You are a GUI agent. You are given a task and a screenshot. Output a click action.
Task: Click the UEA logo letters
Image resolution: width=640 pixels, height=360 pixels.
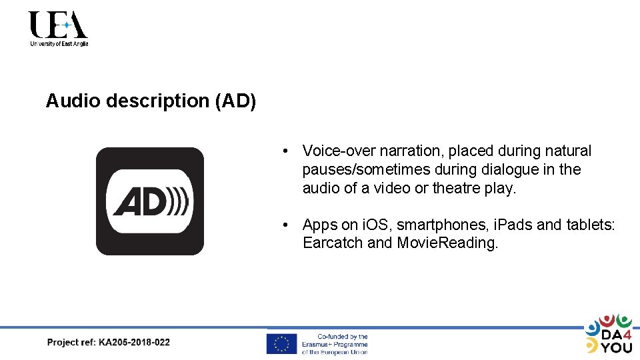pos(58,25)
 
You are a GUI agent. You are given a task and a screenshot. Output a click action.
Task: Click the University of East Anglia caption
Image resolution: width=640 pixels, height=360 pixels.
pos(59,44)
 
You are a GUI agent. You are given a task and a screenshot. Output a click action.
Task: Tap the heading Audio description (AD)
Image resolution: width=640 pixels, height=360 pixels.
pos(151,101)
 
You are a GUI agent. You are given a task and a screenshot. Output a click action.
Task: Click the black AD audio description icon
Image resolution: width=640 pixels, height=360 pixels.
pos(150,201)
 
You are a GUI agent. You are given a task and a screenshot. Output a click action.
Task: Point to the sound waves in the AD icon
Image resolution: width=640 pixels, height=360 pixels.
pos(178,201)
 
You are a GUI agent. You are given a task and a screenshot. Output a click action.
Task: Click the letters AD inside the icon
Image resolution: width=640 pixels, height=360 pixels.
pos(139,201)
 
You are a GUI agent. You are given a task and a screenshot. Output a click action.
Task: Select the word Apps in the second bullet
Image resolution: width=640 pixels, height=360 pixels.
pos(319,225)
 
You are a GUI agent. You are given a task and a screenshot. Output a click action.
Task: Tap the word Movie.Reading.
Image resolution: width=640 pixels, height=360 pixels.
pos(447,243)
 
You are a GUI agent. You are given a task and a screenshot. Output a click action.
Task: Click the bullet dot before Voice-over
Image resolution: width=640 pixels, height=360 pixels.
pos(285,151)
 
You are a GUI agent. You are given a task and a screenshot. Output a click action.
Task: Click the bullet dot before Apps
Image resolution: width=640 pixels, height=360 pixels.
pos(285,225)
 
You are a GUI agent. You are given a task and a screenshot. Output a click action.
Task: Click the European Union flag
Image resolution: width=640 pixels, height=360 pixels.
pos(281,343)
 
